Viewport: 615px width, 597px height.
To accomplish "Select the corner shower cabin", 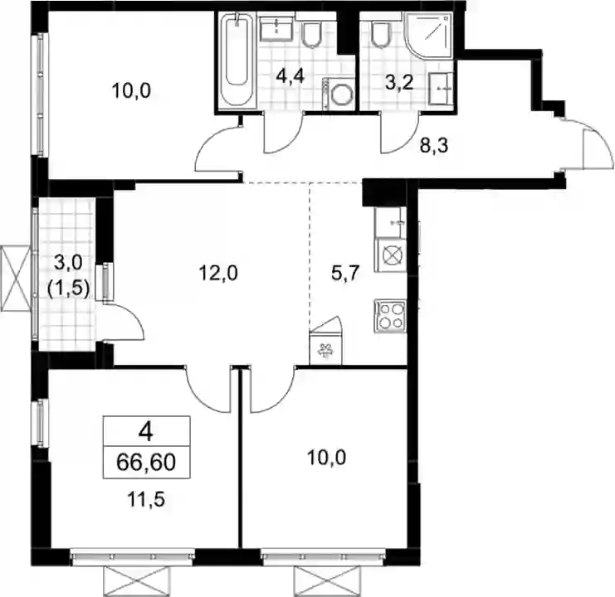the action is coord(429,35).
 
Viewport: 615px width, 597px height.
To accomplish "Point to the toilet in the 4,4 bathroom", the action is coord(312,36).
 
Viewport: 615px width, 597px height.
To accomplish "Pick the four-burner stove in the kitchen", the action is coord(390,316).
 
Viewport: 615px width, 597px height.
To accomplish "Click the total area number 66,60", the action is coord(146,462).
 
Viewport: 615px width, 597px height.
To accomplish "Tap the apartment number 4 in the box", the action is coord(146,433).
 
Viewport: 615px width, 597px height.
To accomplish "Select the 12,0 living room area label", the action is coord(218,273).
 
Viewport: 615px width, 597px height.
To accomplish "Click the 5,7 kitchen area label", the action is coord(345,273).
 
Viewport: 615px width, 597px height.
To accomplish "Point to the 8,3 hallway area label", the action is coord(434,146).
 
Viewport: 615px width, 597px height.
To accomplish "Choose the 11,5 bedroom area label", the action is coord(146,499).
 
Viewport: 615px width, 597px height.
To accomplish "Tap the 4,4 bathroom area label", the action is coord(290,76).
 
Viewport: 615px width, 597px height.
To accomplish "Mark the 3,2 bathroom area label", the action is coord(399,83).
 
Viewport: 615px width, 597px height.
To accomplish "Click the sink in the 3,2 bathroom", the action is coord(441,89).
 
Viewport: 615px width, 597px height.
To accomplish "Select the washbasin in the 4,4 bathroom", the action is coord(276,28).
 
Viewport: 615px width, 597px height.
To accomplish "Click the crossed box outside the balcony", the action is coord(15,278).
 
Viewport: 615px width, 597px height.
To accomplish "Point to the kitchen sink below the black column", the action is coord(391,222).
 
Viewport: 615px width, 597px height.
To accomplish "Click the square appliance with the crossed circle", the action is coord(391,255).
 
